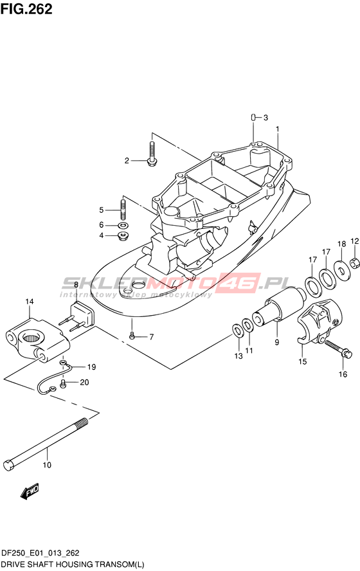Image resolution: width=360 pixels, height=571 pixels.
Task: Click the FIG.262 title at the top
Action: coord(26,9)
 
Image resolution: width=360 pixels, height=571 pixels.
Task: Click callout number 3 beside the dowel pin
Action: coord(265,117)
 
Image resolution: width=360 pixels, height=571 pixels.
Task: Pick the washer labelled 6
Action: coord(123,225)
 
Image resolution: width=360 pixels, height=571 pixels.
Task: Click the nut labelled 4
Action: coord(123,235)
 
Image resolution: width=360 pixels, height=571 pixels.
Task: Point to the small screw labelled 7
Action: coord(132,335)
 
